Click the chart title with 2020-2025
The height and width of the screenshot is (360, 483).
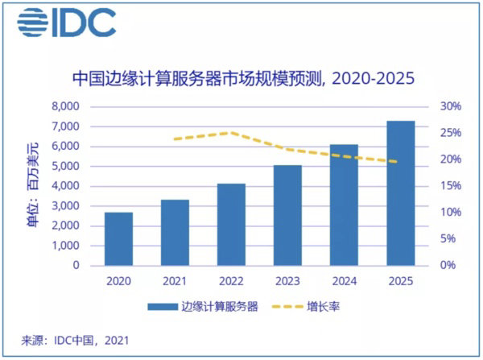[x=243, y=79]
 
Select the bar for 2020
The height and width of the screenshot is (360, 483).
[x=119, y=238]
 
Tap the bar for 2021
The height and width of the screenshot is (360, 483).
[x=175, y=232]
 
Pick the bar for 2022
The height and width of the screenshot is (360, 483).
[x=231, y=224]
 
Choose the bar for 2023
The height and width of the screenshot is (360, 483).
[x=287, y=214]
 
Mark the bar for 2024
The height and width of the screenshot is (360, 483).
[x=344, y=205]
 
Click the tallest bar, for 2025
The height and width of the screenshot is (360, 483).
[x=400, y=192]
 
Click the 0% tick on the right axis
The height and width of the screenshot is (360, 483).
[x=447, y=265]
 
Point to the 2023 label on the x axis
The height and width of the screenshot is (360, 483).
[x=287, y=281]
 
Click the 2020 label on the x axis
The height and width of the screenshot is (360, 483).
[x=119, y=281]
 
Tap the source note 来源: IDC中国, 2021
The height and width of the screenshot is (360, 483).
[x=73, y=341]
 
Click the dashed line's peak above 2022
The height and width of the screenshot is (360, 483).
[x=231, y=133]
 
